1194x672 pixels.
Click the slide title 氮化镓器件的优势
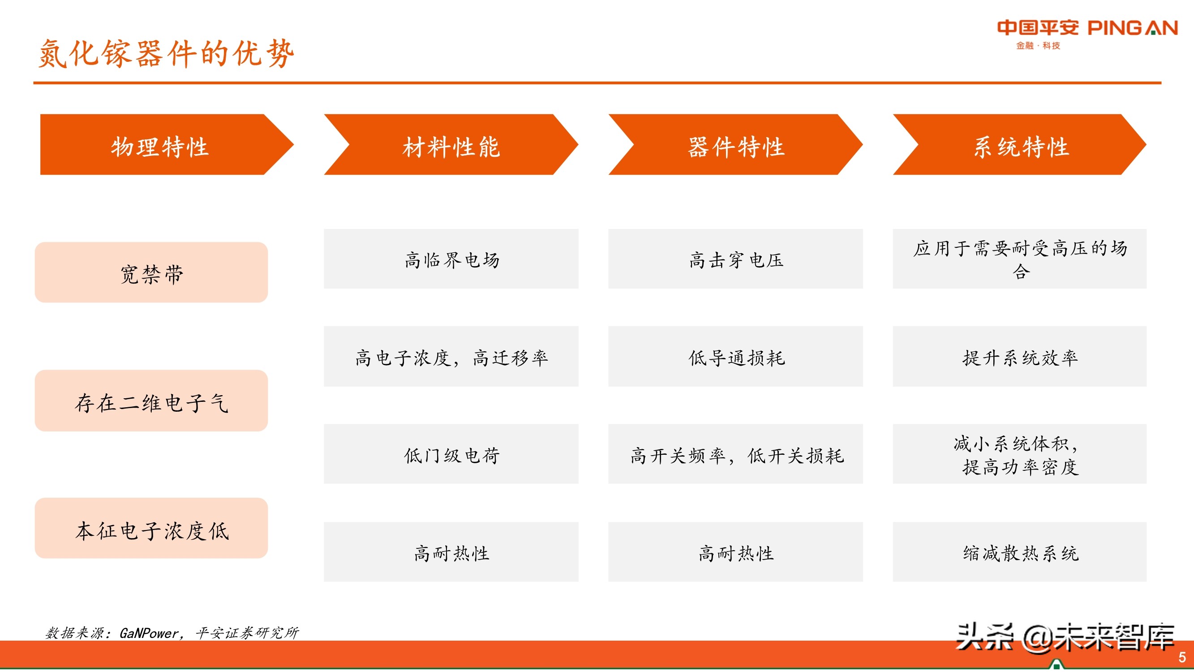(166, 53)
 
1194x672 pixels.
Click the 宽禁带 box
(151, 273)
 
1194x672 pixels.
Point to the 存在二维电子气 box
(151, 401)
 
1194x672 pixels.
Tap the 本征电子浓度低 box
(151, 529)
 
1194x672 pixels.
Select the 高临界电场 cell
(451, 259)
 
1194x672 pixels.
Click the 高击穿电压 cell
(735, 259)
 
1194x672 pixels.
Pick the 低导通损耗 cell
(735, 357)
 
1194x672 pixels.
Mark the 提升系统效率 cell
(1020, 357)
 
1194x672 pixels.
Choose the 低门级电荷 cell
(451, 454)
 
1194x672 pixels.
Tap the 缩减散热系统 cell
(1020, 552)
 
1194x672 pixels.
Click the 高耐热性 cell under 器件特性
(735, 552)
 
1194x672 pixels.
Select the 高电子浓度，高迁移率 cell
(451, 357)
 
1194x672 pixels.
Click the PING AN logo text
(1132, 28)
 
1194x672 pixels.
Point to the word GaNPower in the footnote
(149, 633)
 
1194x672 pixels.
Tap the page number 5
(1182, 658)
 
